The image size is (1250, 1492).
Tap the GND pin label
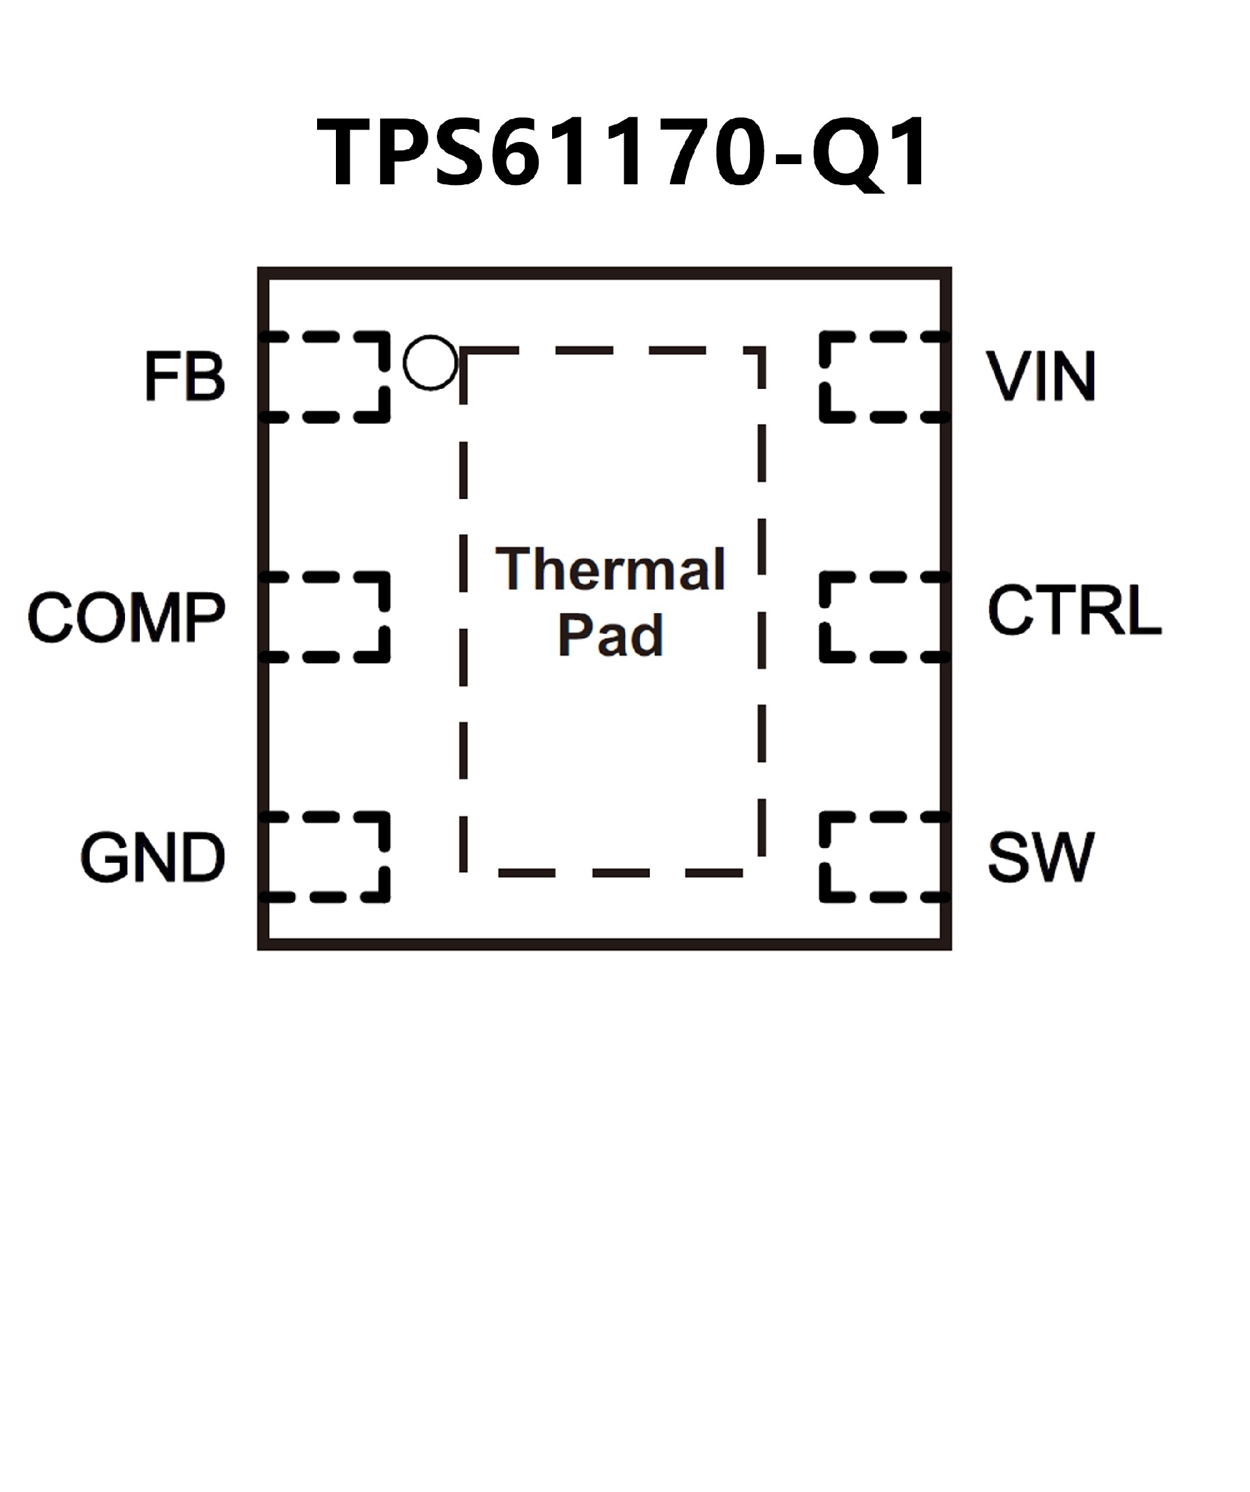153,858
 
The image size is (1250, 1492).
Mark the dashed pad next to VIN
883,376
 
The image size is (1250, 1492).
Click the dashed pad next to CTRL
883,617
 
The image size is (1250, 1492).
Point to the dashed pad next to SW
883,857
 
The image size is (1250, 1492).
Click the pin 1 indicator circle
430,362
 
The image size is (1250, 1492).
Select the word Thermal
610,570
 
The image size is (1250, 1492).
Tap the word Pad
610,634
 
